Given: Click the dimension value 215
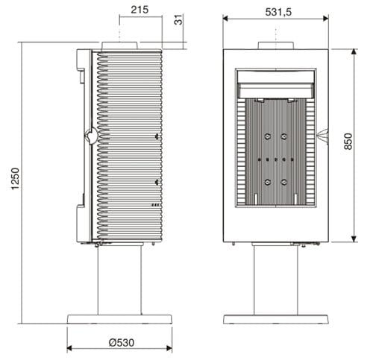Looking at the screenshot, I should pyautogui.click(x=139, y=10).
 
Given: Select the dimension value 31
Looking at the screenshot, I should pyautogui.click(x=178, y=20).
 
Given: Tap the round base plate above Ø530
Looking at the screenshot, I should pyautogui.click(x=119, y=319).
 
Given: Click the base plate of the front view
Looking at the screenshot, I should pyautogui.click(x=277, y=319).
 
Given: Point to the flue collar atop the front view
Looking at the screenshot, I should pyautogui.click(x=277, y=45).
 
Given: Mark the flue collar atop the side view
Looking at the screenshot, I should pyautogui.click(x=119, y=46).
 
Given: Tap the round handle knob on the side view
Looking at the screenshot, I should pyautogui.click(x=90, y=136).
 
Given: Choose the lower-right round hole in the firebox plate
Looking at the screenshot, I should pyautogui.click(x=285, y=183).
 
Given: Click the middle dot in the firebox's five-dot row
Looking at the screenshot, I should pyautogui.click(x=276, y=160).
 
